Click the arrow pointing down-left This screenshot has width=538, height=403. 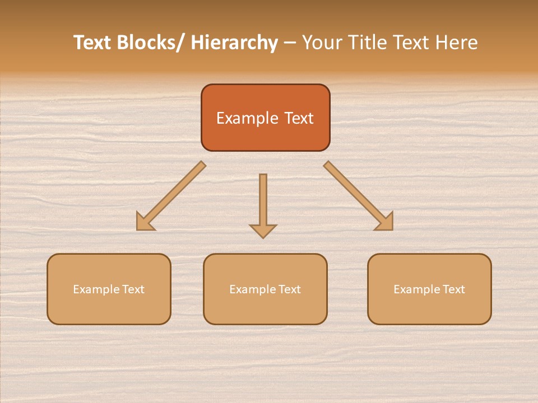pos(170,196)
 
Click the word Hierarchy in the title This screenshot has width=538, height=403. pos(234,43)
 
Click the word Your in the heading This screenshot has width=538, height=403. pos(321,43)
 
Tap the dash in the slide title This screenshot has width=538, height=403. pos(290,43)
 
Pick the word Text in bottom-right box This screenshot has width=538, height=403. pos(453,289)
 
